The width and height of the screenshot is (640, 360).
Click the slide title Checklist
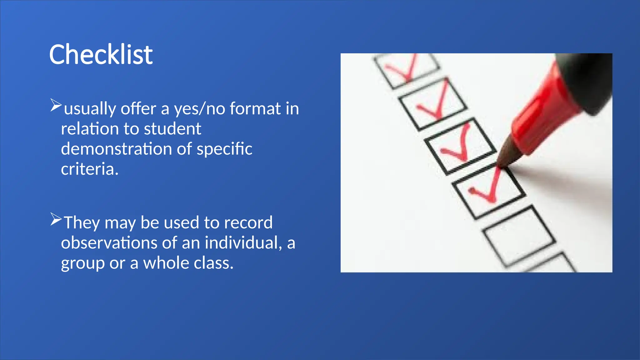pos(101,54)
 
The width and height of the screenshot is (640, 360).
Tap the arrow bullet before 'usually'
pos(56,105)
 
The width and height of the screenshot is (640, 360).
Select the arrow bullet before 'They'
pos(56,219)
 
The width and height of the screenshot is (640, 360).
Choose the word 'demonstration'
pos(116,149)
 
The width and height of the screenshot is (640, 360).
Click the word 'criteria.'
pos(90,169)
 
